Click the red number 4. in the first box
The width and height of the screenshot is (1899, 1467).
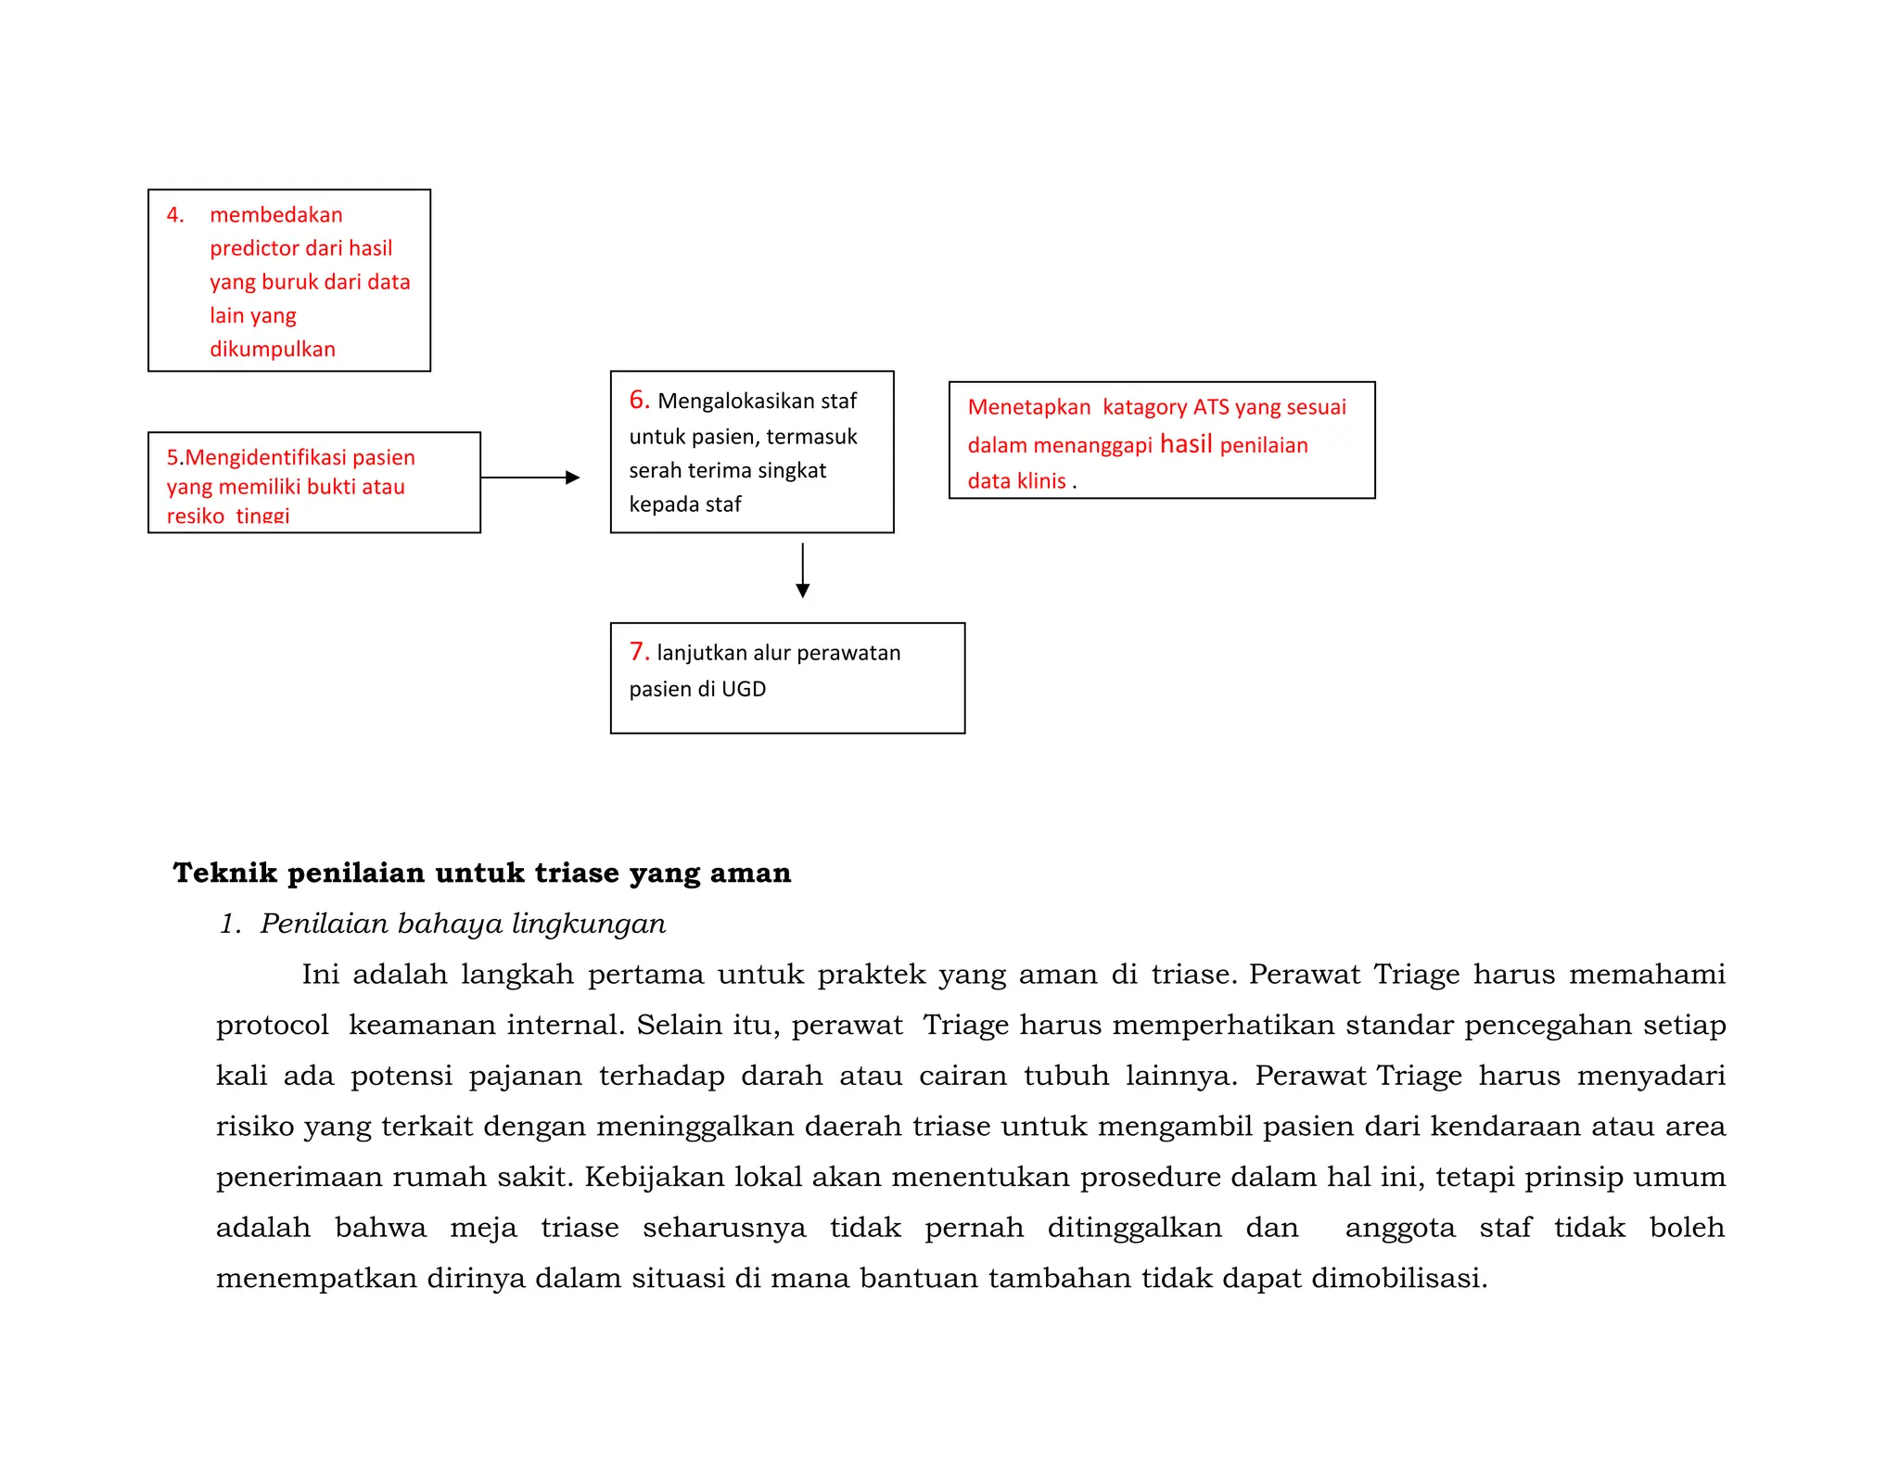click(175, 215)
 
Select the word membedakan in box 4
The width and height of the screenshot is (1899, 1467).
click(275, 215)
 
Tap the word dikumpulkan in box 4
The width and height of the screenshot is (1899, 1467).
click(272, 350)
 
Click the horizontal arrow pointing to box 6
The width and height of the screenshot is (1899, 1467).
click(530, 478)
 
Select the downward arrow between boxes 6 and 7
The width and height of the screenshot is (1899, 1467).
click(803, 570)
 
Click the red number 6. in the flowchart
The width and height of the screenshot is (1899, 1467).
click(639, 400)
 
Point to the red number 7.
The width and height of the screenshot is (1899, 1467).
click(639, 652)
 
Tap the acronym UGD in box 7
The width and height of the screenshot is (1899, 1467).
click(744, 689)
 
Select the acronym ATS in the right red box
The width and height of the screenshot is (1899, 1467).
click(1210, 407)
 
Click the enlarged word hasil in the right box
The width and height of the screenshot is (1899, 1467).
click(1186, 444)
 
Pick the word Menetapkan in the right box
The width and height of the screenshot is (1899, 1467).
click(1028, 407)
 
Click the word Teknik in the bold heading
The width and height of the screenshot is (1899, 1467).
click(224, 873)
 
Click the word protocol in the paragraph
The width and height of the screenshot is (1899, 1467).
click(272, 1026)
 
